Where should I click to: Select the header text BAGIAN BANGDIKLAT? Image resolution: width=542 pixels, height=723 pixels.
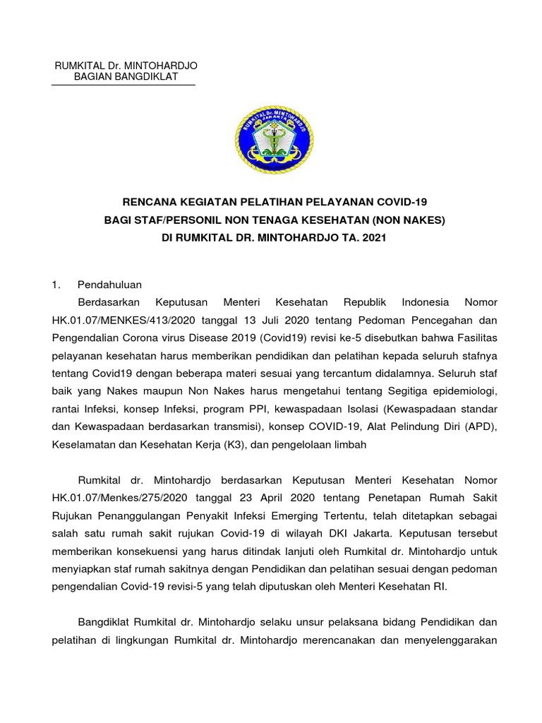tap(126, 77)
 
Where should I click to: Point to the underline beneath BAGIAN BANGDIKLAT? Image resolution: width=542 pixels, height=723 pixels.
tap(124, 85)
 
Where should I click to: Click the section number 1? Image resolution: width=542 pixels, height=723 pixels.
tap(56, 285)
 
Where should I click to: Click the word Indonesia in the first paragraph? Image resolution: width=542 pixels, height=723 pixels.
tap(426, 302)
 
